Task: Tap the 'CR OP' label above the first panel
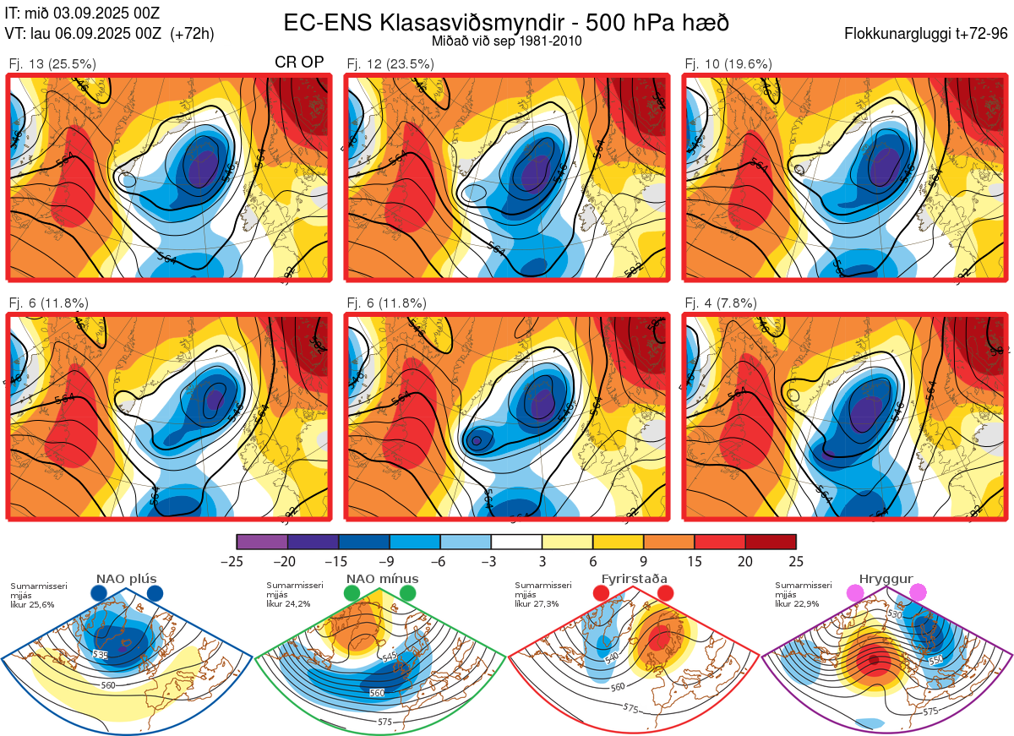pyautogui.click(x=300, y=63)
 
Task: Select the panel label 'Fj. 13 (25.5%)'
pyautogui.click(x=52, y=63)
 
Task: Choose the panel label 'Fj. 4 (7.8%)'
pyautogui.click(x=721, y=303)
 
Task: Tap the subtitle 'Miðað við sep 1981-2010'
pyautogui.click(x=505, y=41)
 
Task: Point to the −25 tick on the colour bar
pyautogui.click(x=237, y=560)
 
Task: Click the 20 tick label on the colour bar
pyautogui.click(x=745, y=560)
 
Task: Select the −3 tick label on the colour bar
pyautogui.click(x=491, y=560)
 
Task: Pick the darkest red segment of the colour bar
pyautogui.click(x=771, y=542)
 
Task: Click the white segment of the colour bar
pyautogui.click(x=516, y=542)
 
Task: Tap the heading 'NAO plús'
pyautogui.click(x=126, y=579)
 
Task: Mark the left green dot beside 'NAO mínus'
pyautogui.click(x=352, y=594)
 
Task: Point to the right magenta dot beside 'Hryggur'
pyautogui.click(x=918, y=593)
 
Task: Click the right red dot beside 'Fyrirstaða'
pyautogui.click(x=665, y=594)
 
